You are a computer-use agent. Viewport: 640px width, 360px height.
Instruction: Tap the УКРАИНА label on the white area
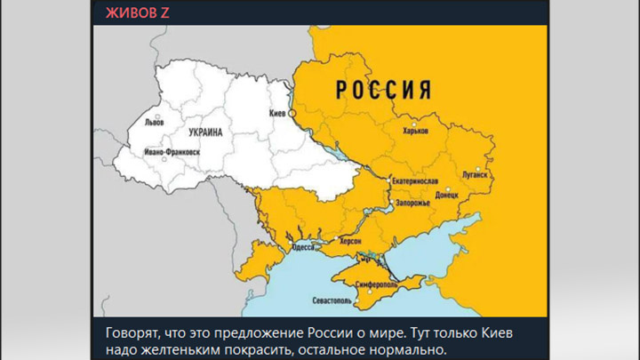click(x=204, y=132)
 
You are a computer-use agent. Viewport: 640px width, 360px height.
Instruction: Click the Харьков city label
click(x=415, y=131)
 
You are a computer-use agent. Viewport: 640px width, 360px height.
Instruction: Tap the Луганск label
click(x=475, y=175)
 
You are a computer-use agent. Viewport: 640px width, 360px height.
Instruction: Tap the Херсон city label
click(x=347, y=243)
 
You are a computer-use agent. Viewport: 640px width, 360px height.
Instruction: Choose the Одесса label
click(x=302, y=247)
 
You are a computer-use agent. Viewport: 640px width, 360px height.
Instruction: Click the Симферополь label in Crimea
click(x=376, y=284)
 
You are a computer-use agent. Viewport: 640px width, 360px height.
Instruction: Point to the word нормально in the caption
click(x=404, y=348)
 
